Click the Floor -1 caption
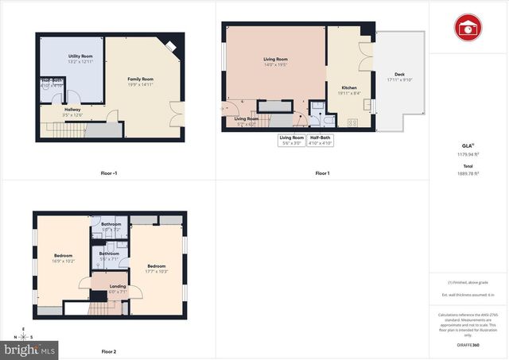(x=109, y=173)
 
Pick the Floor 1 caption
(x=321, y=173)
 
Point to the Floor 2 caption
(x=109, y=351)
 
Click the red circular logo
(x=468, y=28)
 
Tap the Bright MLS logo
(x=31, y=349)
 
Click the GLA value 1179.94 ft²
(x=468, y=153)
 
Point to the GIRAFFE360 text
(x=468, y=345)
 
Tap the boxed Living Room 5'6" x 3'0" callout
(x=291, y=141)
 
